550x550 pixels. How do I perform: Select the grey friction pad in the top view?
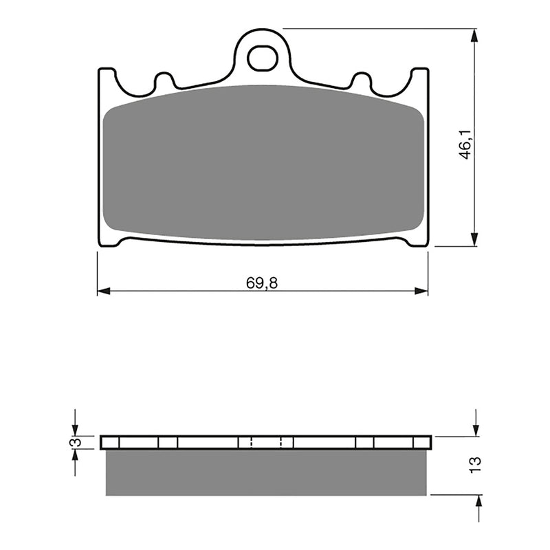click(262, 164)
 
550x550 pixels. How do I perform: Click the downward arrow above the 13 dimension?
click(475, 429)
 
